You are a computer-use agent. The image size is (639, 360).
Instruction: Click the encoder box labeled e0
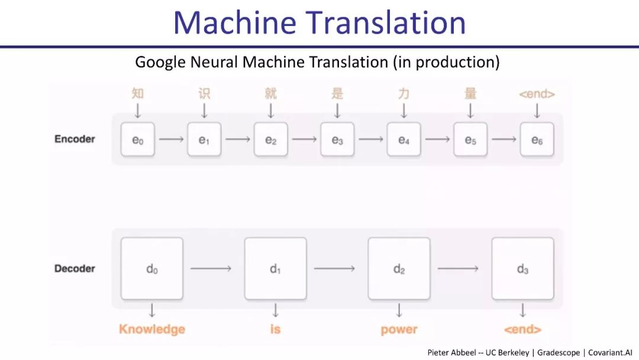(x=138, y=140)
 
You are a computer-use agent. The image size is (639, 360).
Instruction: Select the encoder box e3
(x=337, y=140)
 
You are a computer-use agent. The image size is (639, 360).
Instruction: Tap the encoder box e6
(x=537, y=140)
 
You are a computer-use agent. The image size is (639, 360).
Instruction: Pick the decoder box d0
(x=152, y=269)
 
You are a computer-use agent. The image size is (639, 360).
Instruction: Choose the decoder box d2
(x=399, y=269)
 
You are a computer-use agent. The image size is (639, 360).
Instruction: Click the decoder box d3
(x=522, y=269)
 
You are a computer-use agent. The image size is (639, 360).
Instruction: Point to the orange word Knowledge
(x=152, y=329)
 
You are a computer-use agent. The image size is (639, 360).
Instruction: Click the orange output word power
(x=399, y=329)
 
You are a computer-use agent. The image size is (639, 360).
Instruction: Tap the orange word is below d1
(x=275, y=329)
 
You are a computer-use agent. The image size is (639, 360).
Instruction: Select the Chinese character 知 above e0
(x=138, y=94)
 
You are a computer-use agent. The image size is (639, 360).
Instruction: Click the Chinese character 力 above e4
(x=404, y=94)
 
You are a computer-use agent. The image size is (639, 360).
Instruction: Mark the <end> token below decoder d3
(x=522, y=329)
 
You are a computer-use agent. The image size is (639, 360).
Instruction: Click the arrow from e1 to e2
(x=238, y=140)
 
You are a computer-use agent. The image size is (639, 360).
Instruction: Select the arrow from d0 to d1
(x=211, y=268)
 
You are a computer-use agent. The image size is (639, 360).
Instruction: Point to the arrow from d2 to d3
(x=458, y=268)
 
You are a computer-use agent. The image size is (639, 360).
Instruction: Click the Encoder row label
(x=75, y=139)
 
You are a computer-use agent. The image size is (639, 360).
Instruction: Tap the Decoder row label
(x=75, y=268)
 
